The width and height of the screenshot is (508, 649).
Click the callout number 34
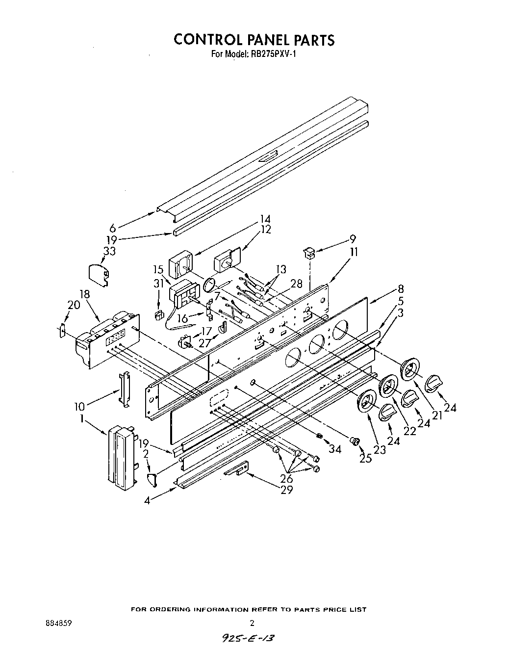click(335, 448)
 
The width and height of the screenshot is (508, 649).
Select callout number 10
click(78, 406)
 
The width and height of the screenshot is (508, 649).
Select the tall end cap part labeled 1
click(120, 456)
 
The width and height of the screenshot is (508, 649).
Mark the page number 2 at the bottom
click(252, 623)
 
